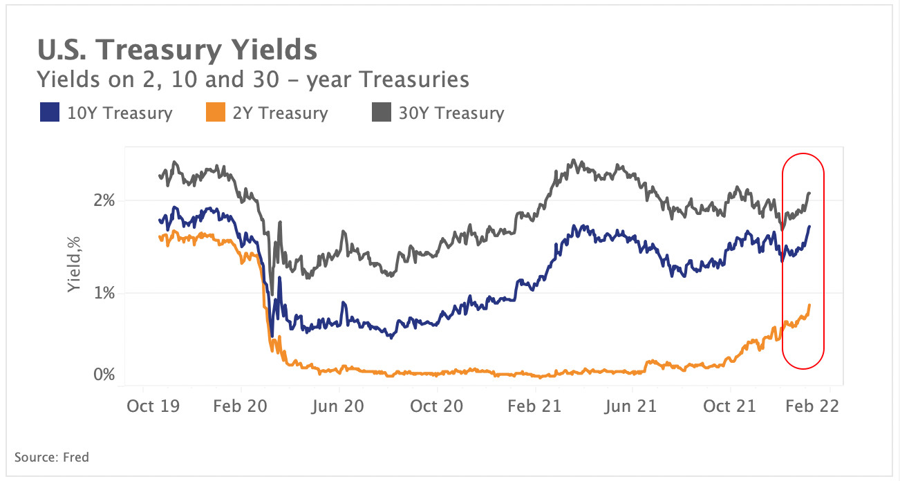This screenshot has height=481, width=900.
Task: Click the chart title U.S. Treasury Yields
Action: tap(176, 50)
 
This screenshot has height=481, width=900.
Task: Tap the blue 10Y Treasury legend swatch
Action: tap(48, 113)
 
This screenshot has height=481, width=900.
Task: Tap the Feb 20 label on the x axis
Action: tap(241, 406)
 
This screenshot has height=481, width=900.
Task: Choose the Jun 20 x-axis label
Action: tap(337, 406)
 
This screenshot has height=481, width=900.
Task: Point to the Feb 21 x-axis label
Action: tap(534, 406)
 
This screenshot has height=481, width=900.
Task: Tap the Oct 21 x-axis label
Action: tap(729, 406)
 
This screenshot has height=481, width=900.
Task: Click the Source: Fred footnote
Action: tap(52, 457)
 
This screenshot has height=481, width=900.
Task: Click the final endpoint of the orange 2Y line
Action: tap(809, 305)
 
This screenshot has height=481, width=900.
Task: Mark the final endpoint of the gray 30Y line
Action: tap(809, 193)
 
